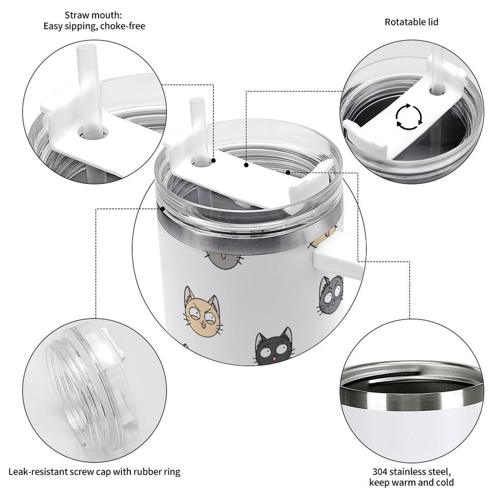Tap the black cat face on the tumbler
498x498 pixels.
point(272,348)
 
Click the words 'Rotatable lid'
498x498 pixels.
point(411,22)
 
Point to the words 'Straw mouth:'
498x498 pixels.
point(93,16)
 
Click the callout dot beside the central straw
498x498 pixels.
point(214,161)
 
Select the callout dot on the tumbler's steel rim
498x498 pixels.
point(162,208)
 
